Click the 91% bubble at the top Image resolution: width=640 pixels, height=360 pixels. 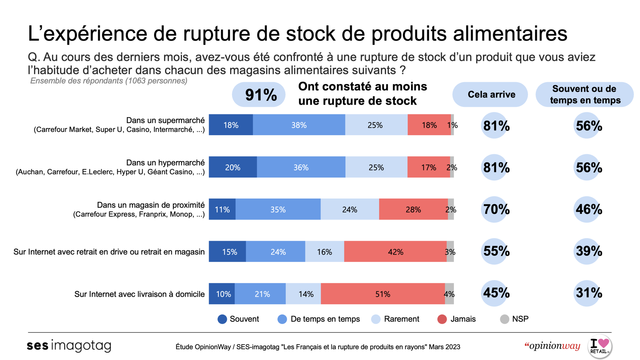pos(259,95)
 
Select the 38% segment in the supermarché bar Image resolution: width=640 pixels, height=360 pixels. pos(299,125)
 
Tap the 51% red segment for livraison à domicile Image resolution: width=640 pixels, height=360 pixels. pos(383,294)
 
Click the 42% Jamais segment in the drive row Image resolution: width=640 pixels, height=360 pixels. pos(395,252)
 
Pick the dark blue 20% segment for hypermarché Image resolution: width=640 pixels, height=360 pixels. pos(233,167)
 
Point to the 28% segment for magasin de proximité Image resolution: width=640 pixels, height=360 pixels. pos(413,209)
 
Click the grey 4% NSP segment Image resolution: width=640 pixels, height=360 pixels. pos(449,294)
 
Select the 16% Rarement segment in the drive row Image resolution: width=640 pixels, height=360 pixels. pos(325,252)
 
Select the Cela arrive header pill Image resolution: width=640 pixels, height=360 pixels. pos(490,95)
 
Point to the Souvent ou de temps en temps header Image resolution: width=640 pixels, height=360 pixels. pos(585,95)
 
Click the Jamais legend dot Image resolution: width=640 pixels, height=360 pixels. pos(442,319)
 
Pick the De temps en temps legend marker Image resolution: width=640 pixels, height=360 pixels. pos(282,319)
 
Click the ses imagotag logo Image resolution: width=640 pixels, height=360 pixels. pos(69,346)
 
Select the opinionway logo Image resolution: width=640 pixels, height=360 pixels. pos(552,346)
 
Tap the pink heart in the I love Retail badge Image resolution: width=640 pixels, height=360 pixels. pos(604,343)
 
